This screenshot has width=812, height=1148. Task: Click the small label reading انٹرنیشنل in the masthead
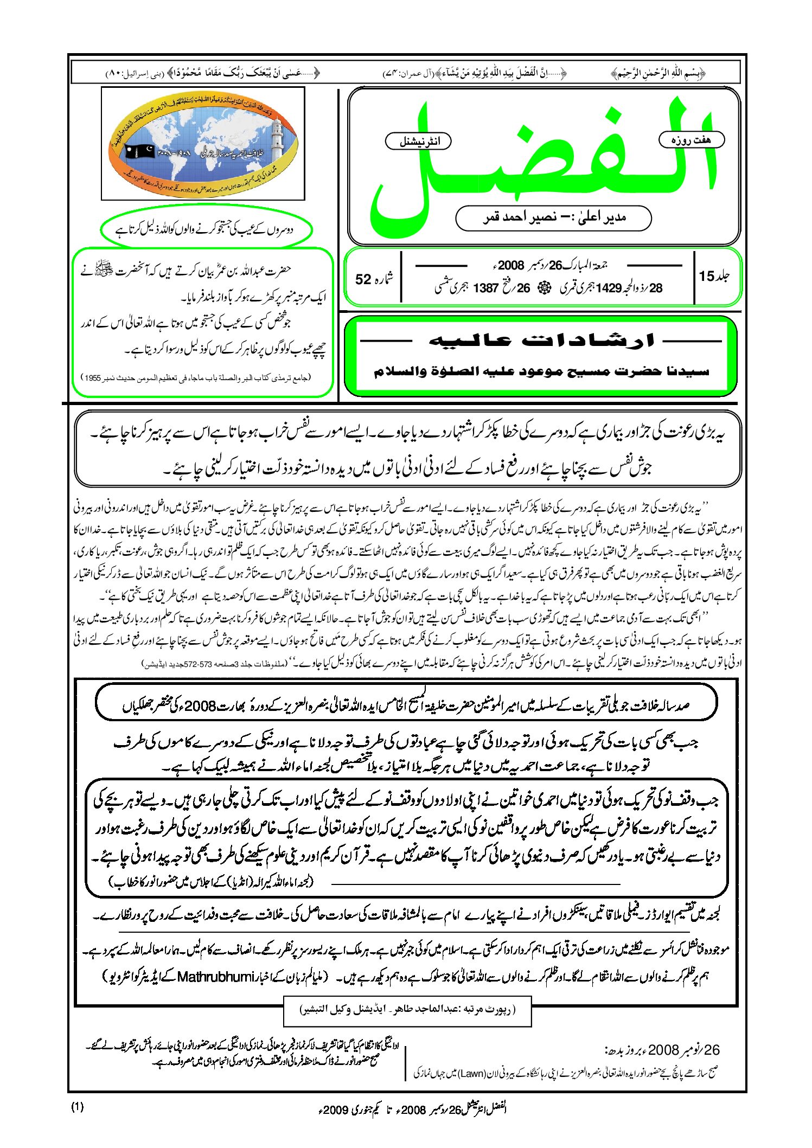pyautogui.click(x=418, y=142)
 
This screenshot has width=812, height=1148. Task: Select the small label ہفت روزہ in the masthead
pyautogui.click(x=691, y=140)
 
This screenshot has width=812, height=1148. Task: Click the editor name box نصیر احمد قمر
pyautogui.click(x=553, y=218)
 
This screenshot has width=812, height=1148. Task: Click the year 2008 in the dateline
pyautogui.click(x=511, y=265)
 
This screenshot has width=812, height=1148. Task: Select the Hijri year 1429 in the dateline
pyautogui.click(x=608, y=288)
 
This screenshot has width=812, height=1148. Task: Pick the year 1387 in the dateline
pyautogui.click(x=485, y=288)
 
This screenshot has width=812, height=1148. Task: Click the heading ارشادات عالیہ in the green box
pyautogui.click(x=541, y=341)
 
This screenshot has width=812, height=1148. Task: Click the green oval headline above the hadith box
pyautogui.click(x=206, y=229)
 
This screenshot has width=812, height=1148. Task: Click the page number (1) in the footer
pyautogui.click(x=78, y=1107)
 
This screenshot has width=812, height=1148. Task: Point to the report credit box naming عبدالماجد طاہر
pyautogui.click(x=407, y=1010)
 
